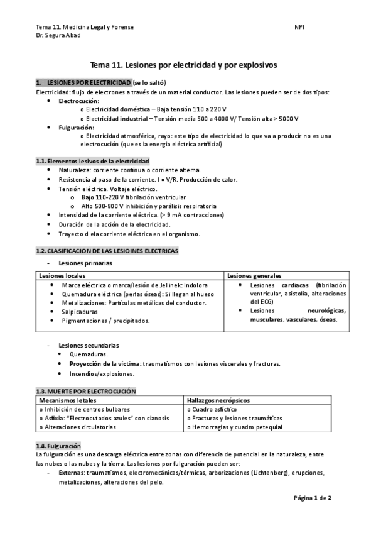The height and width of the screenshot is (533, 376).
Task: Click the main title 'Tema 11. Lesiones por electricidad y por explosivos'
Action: [188, 64]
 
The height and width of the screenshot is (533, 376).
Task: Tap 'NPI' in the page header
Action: [299, 27]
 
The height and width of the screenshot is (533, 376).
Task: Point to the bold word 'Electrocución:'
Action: [78, 101]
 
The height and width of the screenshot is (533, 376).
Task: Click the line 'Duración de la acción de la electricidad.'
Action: [114, 224]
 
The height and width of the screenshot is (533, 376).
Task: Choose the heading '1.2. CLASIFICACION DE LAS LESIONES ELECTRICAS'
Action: [107, 251]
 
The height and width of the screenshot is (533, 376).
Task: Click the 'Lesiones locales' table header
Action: [62, 276]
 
